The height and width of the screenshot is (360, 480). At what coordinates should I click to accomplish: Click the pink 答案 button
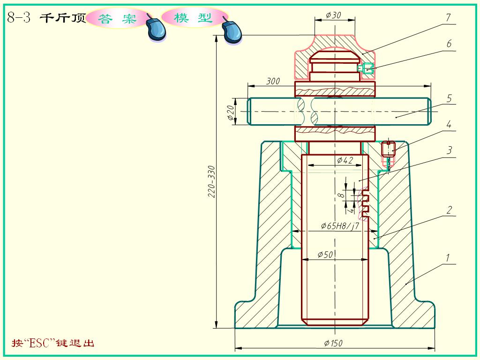[x=117, y=18]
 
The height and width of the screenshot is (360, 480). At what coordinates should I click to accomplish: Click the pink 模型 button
[x=193, y=18]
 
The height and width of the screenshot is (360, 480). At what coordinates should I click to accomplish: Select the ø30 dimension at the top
[x=334, y=15]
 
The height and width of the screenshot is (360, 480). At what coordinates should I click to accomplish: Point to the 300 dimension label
[x=273, y=81]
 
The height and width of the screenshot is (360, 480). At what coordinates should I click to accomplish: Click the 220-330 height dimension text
[x=211, y=181]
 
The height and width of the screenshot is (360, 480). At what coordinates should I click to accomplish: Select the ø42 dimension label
[x=345, y=160]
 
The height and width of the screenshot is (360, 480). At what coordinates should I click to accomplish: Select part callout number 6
[x=449, y=44]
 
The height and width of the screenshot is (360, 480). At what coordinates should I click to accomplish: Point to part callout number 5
[x=449, y=98]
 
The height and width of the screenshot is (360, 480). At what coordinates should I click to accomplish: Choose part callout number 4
[x=449, y=125]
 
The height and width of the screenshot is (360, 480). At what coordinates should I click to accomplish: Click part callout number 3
[x=449, y=150]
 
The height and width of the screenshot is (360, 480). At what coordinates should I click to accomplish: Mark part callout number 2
[x=449, y=210]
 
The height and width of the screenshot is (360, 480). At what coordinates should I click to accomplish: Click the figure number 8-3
[x=19, y=18]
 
